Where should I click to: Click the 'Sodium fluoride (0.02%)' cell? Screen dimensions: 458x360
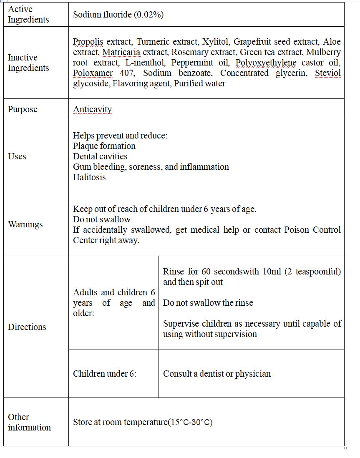(x=118, y=15)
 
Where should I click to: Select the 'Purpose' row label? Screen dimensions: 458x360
(x=23, y=109)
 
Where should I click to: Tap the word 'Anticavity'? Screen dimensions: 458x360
(x=92, y=109)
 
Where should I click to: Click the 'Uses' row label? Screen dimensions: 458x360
(x=17, y=156)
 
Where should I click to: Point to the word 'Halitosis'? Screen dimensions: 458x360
(x=89, y=177)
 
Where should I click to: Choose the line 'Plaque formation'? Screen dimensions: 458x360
(x=104, y=146)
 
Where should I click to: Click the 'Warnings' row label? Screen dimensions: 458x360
(x=25, y=224)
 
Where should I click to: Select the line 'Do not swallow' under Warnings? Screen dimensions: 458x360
(x=102, y=219)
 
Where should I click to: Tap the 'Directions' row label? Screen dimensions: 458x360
(x=27, y=327)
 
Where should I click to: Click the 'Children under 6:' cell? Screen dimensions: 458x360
(x=105, y=374)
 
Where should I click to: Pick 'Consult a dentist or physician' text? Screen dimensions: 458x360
(x=217, y=374)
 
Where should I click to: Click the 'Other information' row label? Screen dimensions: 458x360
(x=29, y=422)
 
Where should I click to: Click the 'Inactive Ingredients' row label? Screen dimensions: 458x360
(x=28, y=63)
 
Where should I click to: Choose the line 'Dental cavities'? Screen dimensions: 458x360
(x=100, y=156)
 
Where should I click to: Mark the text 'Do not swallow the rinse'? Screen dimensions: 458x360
(x=208, y=303)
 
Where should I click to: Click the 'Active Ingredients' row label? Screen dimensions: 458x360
(x=28, y=14)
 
